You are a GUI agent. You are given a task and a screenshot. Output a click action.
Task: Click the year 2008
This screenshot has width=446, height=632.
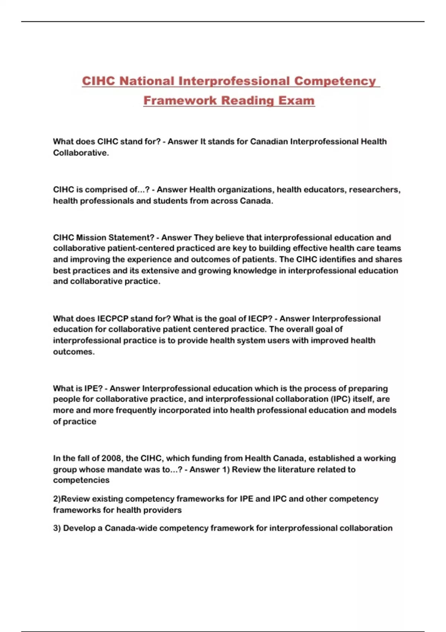[x=111, y=458]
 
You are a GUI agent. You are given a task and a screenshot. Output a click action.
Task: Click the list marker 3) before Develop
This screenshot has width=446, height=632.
[x=57, y=528]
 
